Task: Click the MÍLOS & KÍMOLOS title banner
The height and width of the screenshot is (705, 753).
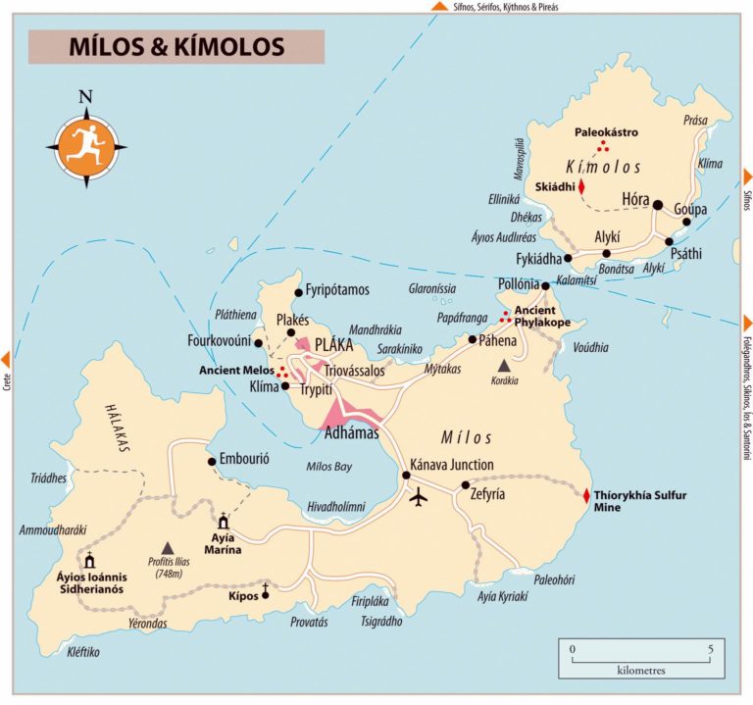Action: pyautogui.click(x=176, y=46)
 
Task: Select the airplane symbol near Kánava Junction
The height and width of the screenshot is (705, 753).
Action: pyautogui.click(x=420, y=497)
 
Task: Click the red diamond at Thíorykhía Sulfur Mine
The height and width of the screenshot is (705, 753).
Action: pyautogui.click(x=586, y=496)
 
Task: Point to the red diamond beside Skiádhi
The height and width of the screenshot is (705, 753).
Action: pyautogui.click(x=580, y=185)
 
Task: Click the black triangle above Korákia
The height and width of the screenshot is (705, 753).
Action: pyautogui.click(x=503, y=365)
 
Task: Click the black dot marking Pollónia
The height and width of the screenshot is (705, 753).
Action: pyautogui.click(x=546, y=285)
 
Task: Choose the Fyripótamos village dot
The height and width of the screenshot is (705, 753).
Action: pyautogui.click(x=298, y=291)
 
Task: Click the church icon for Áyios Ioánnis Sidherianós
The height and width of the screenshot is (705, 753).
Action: pyautogui.click(x=90, y=561)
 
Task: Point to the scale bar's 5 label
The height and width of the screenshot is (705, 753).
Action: pyautogui.click(x=710, y=649)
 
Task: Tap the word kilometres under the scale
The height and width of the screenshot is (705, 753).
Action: pyautogui.click(x=641, y=672)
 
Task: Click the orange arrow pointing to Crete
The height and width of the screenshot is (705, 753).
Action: pyautogui.click(x=7, y=358)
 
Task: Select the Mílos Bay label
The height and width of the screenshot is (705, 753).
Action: pyautogui.click(x=328, y=467)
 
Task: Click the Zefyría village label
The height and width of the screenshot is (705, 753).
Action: pyautogui.click(x=487, y=494)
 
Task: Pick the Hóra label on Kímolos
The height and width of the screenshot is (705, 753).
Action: pyautogui.click(x=635, y=200)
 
